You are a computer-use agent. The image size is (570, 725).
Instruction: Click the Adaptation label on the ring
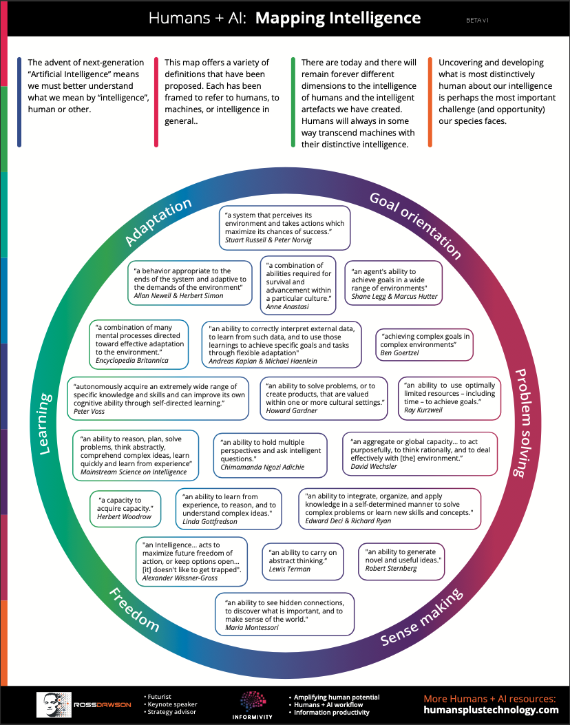coord(158,222)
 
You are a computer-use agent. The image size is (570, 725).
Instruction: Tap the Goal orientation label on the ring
coord(415,222)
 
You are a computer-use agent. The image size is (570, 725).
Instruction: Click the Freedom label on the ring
coord(133,610)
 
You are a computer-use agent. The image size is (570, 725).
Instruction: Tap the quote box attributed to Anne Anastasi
coord(298,285)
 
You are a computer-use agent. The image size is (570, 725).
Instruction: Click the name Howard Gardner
coord(292,411)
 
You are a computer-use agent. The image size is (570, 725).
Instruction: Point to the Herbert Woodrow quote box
coord(125,509)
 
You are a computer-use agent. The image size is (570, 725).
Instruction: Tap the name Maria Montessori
coord(253,628)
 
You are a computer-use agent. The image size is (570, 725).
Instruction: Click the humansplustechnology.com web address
coord(491,710)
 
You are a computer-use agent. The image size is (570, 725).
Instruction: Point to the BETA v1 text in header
coord(477,21)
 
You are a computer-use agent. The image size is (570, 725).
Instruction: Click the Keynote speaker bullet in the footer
coord(171,704)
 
